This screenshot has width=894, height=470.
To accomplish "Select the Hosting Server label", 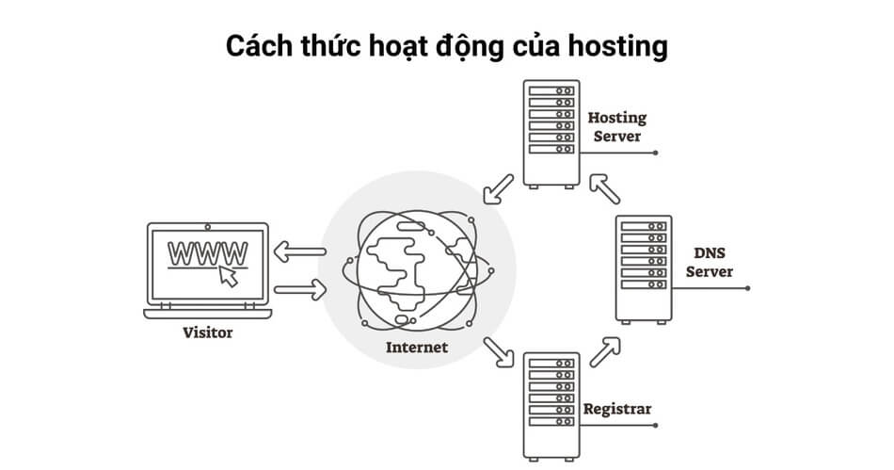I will tap(616, 127).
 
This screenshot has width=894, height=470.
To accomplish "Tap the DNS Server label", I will tap(709, 263).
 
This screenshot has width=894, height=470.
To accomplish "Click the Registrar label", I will tap(617, 409).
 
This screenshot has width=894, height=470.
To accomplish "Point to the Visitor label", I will tap(207, 332).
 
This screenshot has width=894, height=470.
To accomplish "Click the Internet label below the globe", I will tap(417, 348).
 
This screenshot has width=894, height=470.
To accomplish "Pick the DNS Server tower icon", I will tap(643, 268).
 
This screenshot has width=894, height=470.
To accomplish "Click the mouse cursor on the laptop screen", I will tap(226, 275).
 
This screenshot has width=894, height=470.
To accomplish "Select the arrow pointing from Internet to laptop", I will tap(300, 251).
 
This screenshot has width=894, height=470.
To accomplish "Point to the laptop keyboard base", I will tap(207, 313).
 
